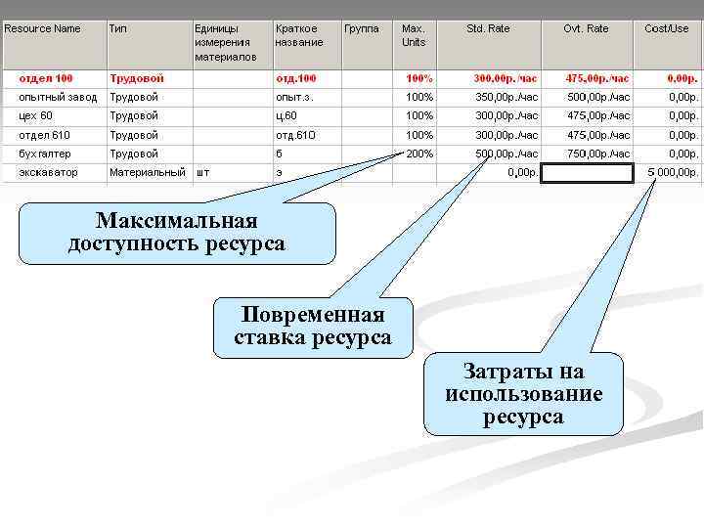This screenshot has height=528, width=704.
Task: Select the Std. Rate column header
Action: tap(488, 29)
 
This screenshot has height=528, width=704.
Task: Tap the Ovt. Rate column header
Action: tap(586, 29)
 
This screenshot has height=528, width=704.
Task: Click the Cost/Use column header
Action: tap(667, 29)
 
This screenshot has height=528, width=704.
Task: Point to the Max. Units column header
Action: tap(415, 35)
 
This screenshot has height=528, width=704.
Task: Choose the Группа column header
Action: tap(362, 29)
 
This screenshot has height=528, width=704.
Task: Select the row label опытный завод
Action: tap(54, 97)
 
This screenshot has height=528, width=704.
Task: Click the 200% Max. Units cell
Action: tap(419, 154)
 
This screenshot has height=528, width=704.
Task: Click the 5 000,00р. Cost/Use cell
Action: tap(672, 173)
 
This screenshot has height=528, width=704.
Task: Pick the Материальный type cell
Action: tap(147, 173)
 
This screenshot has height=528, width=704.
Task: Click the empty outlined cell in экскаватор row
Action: tap(587, 173)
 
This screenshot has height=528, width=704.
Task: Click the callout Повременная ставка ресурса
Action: tap(313, 327)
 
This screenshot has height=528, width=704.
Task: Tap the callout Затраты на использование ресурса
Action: tap(523, 393)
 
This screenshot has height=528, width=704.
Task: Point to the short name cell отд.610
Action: tap(296, 135)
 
